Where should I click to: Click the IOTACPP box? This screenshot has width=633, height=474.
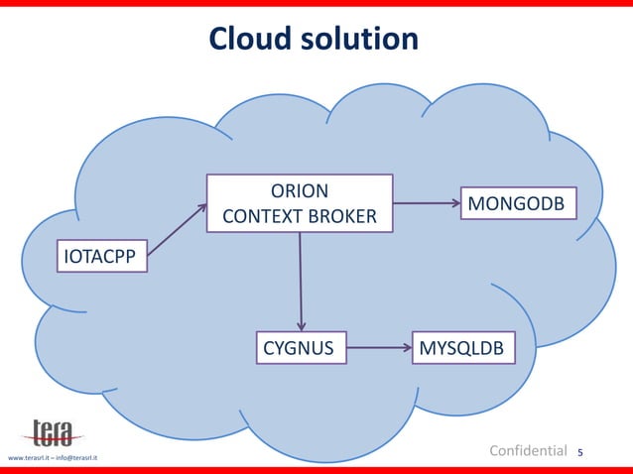101,257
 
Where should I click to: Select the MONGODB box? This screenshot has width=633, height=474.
518,203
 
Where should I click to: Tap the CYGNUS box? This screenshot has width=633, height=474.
299,348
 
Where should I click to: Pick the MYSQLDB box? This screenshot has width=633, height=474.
463,348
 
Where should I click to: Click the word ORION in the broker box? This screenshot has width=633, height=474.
300,190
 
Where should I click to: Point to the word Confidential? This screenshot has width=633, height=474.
529,451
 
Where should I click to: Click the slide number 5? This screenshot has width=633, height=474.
580,453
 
